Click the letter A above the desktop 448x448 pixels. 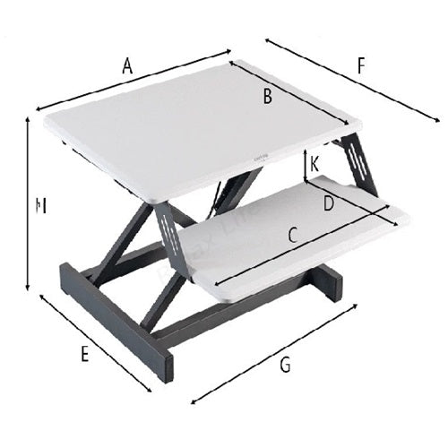[x=127, y=65]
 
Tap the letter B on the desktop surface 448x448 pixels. [x=267, y=98]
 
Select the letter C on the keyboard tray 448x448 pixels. [x=292, y=236]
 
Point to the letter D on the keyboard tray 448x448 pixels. [x=329, y=203]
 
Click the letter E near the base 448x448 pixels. [x=84, y=354]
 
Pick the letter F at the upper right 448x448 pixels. [x=361, y=65]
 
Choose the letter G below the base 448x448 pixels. [x=285, y=365]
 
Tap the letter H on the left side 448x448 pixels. [x=39, y=206]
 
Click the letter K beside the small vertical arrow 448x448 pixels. [x=315, y=164]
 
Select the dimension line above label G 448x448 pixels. [x=273, y=349]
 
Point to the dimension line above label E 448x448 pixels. [x=94, y=340]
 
